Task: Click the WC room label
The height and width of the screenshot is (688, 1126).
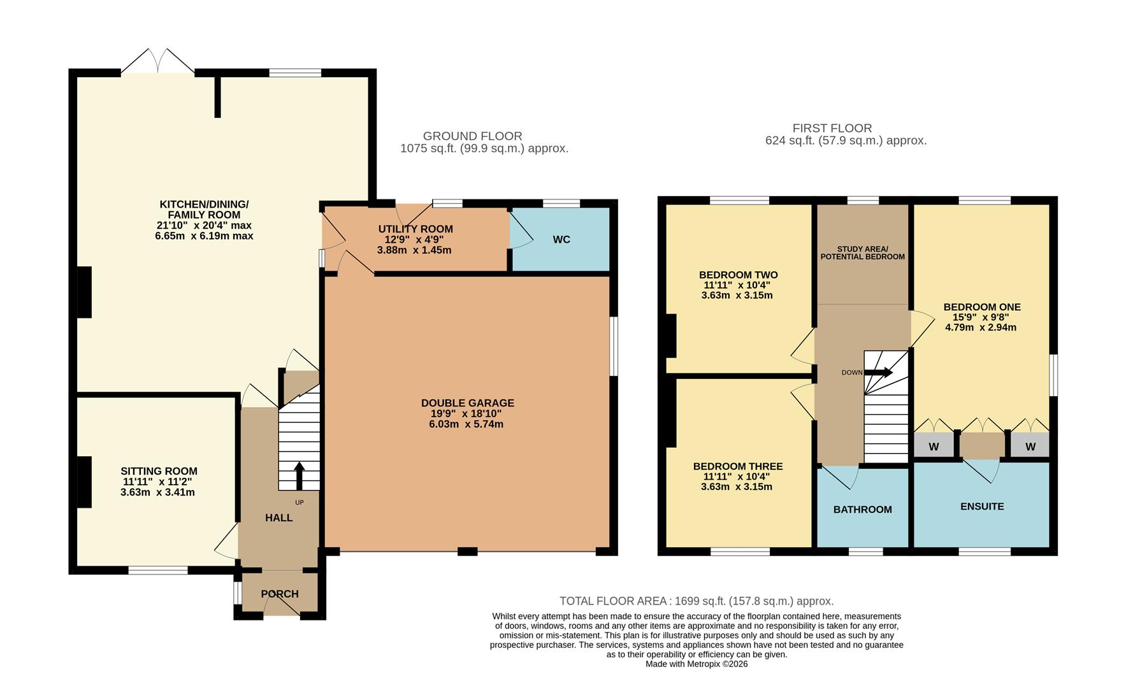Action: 561,240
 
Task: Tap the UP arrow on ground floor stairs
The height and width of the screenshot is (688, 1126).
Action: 298,475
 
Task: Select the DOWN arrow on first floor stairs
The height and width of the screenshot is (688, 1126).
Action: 878,373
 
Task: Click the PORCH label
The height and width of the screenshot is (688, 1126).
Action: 280,594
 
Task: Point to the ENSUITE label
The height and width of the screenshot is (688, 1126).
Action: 982,506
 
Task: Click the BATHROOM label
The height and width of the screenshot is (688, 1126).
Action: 862,510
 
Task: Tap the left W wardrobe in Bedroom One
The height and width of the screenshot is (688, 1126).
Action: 934,447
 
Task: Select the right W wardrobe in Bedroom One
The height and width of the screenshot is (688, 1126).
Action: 1030,447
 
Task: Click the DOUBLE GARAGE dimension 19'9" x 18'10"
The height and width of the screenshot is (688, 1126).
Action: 466,413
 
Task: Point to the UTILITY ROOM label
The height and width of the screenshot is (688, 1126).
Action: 415,229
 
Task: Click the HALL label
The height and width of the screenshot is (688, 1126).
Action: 279,518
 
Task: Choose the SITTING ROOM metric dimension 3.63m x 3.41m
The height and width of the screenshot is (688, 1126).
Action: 157,492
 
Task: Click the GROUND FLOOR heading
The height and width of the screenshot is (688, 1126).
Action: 472,136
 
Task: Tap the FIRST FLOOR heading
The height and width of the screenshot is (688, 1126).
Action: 832,128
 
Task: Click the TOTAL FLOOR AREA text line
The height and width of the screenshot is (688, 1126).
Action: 696,601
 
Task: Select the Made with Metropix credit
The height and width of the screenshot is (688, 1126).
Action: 696,664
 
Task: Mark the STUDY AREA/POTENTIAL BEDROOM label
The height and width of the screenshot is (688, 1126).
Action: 862,253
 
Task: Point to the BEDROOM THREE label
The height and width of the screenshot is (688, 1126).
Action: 737,466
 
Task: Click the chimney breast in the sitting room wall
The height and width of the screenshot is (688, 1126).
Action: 84,482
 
